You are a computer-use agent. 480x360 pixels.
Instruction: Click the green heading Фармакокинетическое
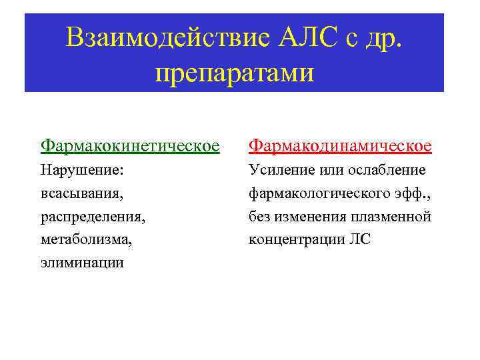click(x=130, y=145)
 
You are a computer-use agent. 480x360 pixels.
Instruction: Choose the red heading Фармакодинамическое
click(x=340, y=145)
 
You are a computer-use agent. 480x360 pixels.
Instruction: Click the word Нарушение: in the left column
click(x=82, y=170)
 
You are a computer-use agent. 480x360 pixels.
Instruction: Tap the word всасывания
click(x=82, y=193)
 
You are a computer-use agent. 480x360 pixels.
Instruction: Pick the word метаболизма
click(x=86, y=239)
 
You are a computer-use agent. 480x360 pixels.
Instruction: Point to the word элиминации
click(x=82, y=263)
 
